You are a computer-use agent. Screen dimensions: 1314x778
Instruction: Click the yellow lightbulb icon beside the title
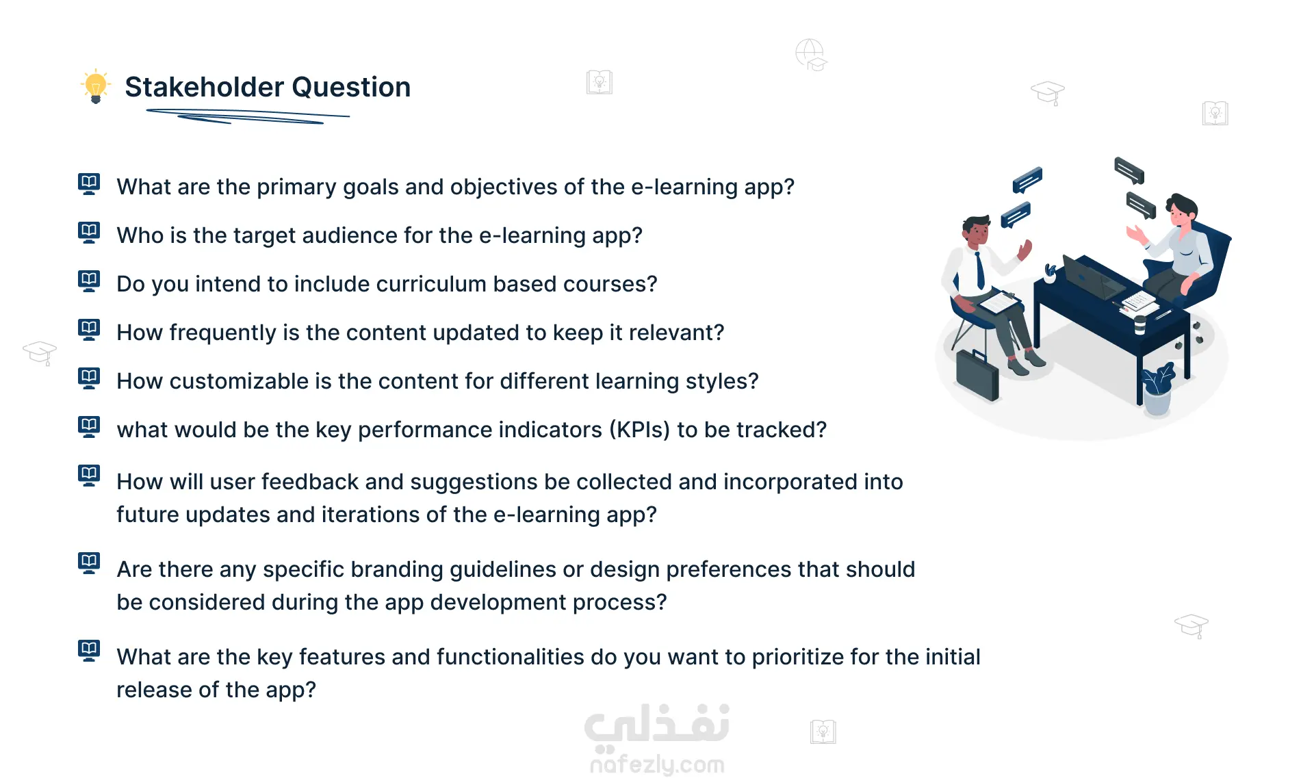pyautogui.click(x=96, y=86)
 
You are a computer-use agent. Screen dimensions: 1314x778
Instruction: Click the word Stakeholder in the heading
pyautogui.click(x=204, y=87)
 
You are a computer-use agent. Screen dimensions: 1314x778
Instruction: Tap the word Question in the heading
pyautogui.click(x=351, y=88)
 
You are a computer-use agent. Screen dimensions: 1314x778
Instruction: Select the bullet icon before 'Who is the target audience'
pyautogui.click(x=89, y=233)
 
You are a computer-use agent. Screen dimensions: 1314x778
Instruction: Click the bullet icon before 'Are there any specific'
pyautogui.click(x=89, y=563)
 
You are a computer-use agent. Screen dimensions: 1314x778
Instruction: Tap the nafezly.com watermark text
pyautogui.click(x=657, y=764)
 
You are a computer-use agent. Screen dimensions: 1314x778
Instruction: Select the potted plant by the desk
pyautogui.click(x=1157, y=389)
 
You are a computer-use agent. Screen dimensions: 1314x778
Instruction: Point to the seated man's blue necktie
pyautogui.click(x=980, y=270)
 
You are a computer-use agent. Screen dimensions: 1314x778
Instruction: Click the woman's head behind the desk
pyautogui.click(x=1183, y=209)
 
